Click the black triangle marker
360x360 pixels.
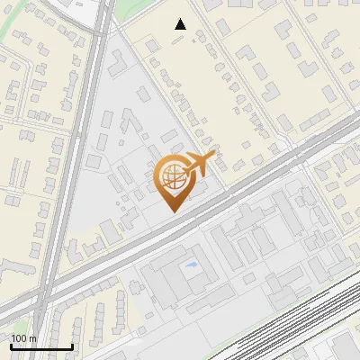coord(181,24)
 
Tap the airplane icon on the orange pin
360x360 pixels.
coord(200,163)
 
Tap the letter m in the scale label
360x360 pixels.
coord(33,338)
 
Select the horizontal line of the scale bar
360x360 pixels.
coord(41,347)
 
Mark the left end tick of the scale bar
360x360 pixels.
coord(11,346)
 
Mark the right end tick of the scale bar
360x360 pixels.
coord(72,346)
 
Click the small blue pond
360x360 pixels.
coord(191,266)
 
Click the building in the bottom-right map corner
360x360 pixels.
coord(346,349)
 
